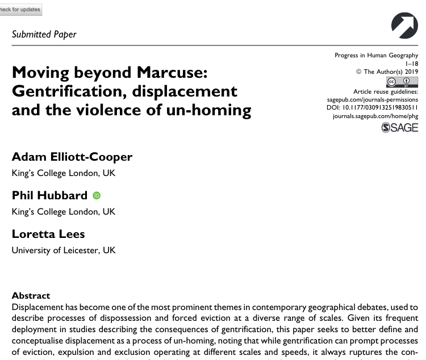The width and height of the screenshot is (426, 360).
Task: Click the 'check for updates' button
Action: tap(20, 10)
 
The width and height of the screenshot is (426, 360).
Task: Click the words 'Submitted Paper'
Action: tap(44, 34)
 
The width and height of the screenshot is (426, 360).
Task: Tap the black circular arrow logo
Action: tap(404, 25)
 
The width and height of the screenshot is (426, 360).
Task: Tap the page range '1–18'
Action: tap(411, 64)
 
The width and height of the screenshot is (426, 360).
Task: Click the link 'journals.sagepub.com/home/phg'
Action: tap(374, 115)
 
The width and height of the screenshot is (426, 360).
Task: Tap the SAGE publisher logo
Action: tap(400, 128)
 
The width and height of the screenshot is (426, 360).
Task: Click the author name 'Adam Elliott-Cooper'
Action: tap(72, 157)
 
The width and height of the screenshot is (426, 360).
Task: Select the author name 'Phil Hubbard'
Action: tap(50, 195)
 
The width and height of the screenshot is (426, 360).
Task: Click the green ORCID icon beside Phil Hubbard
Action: tap(97, 195)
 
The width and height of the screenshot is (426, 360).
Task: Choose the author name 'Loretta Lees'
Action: tap(49, 233)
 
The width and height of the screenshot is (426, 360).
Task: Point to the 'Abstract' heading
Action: tap(31, 296)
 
